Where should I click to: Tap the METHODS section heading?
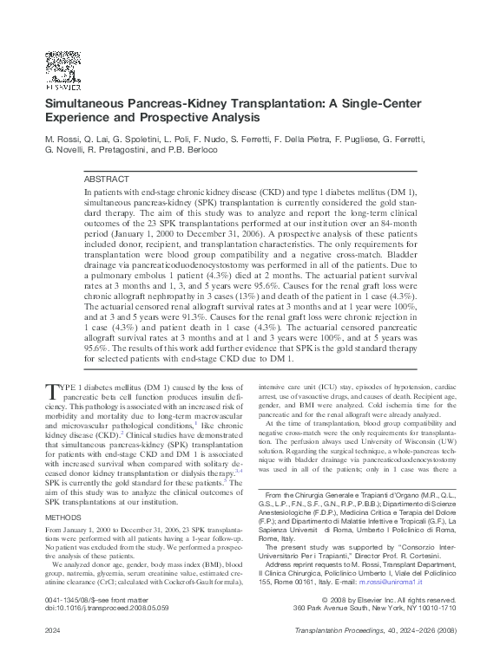click(62, 493)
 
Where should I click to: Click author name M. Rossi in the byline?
click(62, 138)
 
